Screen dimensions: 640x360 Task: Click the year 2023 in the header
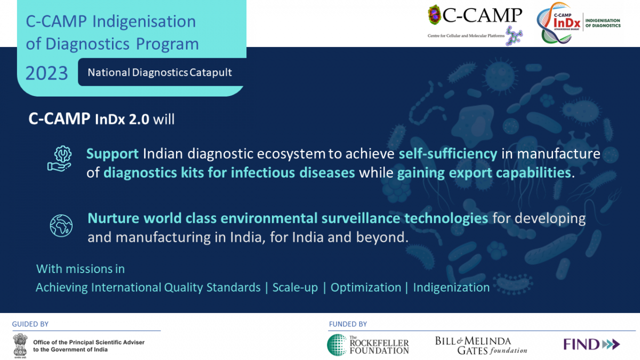[46, 73]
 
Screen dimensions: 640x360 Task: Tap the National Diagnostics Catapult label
[159, 73]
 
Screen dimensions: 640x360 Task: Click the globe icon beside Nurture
[61, 226]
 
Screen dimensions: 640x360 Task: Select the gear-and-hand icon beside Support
[60, 158]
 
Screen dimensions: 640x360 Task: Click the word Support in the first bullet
[113, 154]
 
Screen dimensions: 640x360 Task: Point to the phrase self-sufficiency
[447, 154]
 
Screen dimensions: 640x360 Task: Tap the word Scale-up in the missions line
[295, 287]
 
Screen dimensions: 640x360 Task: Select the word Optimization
[366, 287]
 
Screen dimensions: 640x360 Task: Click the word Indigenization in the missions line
[451, 287]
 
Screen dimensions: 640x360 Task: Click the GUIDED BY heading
[30, 324]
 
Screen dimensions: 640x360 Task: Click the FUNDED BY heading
[348, 324]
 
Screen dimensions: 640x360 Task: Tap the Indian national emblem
[20, 346]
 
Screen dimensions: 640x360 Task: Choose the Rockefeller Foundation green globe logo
[337, 345]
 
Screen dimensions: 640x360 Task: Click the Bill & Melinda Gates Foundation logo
[481, 346]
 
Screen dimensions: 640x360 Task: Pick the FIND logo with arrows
[591, 345]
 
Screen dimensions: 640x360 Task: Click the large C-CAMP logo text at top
[482, 15]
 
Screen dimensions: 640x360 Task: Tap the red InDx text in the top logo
[567, 23]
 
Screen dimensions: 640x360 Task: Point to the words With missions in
[81, 269]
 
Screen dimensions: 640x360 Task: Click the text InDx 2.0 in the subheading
[122, 119]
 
